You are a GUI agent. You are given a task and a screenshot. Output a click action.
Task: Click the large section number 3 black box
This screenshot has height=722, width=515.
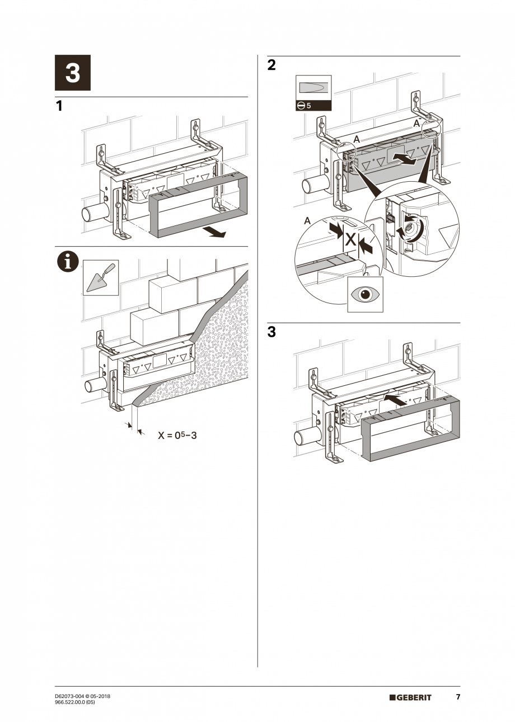point(73,73)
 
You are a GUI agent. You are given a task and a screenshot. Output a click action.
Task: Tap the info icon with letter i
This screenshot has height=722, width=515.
point(68,261)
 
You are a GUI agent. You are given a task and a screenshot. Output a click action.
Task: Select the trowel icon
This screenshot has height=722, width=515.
point(101,277)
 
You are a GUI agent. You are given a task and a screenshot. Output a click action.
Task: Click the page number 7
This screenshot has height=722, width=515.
point(457,697)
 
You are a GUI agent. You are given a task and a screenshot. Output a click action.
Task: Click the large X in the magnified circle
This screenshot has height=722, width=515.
point(350,240)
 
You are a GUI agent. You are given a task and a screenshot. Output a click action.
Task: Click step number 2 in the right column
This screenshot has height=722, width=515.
point(271,65)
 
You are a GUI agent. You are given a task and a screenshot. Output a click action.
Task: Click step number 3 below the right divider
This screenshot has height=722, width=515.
point(271,332)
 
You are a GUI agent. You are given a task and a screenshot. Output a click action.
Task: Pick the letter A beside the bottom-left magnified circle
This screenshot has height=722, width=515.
point(307,221)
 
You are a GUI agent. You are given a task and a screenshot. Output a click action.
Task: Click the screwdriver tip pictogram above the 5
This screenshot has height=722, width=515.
point(313,88)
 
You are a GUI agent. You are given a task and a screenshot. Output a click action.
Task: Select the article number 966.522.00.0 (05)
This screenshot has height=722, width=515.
point(75,702)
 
